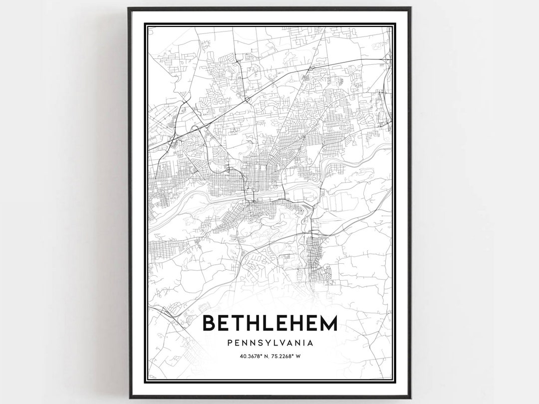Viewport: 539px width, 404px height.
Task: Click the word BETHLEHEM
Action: [x=270, y=323]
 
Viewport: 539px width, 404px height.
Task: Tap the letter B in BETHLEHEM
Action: [x=210, y=323]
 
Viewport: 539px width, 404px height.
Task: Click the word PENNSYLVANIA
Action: [x=270, y=343]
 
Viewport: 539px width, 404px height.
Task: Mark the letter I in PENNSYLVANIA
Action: [x=303, y=343]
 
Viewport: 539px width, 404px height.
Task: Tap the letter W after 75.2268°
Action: [x=299, y=356]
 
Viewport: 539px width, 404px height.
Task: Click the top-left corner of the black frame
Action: [x=129, y=8]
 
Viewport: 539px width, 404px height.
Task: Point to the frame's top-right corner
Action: [x=410, y=8]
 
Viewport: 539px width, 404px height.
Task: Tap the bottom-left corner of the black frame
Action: [x=129, y=398]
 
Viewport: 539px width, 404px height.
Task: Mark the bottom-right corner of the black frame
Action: [x=410, y=398]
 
